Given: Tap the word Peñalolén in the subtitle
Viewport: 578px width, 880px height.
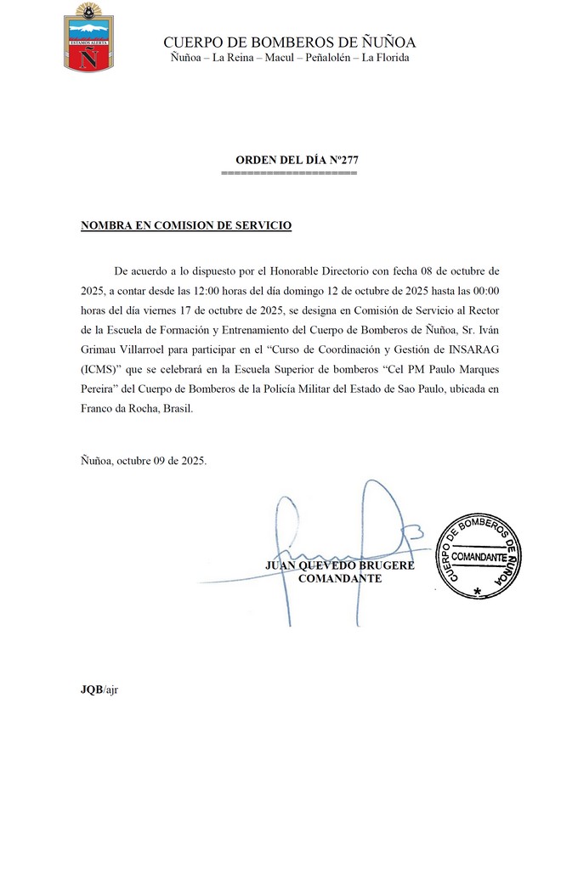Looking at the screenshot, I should tap(328, 58).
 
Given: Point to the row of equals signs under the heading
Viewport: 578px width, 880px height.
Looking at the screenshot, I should tap(288, 173).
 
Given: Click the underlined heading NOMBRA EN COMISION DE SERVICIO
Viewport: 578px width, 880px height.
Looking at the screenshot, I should tap(186, 225).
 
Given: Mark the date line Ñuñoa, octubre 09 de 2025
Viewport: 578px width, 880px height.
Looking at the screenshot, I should tap(144, 461).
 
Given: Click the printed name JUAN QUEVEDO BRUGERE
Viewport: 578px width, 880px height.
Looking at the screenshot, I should tap(340, 565).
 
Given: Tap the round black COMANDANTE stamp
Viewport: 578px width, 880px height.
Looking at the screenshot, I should tap(479, 555).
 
